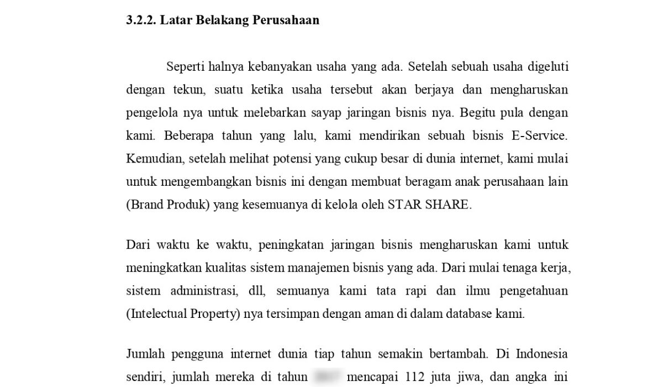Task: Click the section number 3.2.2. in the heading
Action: pos(141,21)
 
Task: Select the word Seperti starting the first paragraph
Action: pos(186,67)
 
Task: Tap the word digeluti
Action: pos(547,67)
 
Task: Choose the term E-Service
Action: pos(543,136)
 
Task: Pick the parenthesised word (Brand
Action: pos(144,205)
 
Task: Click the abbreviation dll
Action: pos(257,291)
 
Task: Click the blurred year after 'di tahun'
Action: pos(328,377)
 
